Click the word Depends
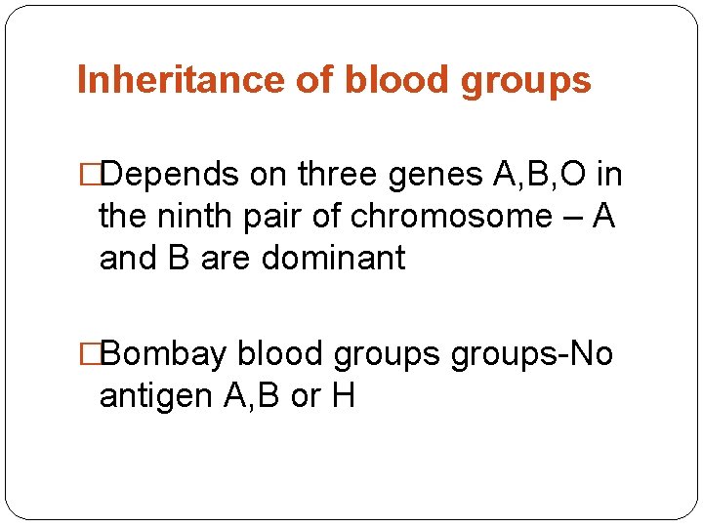[x=170, y=175]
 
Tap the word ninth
[x=192, y=217]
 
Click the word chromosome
[x=451, y=217]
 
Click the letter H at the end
[x=343, y=396]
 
